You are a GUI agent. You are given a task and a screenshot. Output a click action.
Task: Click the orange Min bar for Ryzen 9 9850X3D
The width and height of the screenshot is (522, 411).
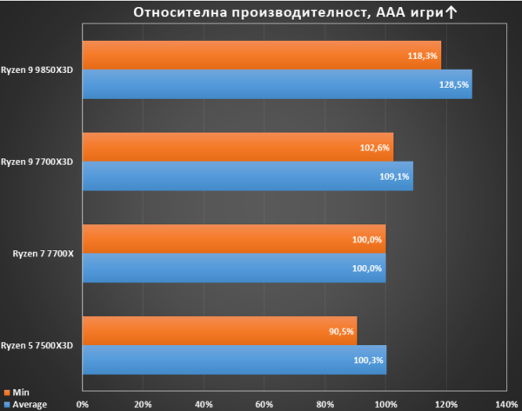(262, 56)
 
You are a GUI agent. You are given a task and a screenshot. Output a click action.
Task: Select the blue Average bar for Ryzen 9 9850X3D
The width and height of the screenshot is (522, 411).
(278, 84)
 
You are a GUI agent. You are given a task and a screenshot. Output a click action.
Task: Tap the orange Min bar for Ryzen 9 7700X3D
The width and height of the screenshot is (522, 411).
(238, 147)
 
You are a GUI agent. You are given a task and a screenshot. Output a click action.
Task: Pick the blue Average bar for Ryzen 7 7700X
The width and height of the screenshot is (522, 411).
(234, 268)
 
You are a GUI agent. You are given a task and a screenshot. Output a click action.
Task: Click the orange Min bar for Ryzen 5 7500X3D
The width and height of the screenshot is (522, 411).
(220, 331)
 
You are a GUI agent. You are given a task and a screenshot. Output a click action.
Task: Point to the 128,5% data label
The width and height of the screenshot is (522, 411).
(454, 85)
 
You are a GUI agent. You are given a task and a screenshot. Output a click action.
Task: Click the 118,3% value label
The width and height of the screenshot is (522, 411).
(423, 56)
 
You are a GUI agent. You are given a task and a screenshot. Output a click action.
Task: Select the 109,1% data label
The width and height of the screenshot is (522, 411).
(394, 176)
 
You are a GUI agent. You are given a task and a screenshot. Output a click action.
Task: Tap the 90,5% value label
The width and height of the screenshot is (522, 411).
(341, 332)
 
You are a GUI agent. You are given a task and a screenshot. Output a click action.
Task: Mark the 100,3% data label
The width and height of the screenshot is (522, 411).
(368, 360)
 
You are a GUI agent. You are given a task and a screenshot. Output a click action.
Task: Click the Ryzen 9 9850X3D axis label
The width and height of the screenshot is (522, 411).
(37, 70)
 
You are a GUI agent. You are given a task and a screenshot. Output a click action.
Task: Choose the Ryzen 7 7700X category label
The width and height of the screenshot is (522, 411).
(43, 254)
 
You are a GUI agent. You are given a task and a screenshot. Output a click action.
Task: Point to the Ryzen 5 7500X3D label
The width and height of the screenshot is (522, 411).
(37, 346)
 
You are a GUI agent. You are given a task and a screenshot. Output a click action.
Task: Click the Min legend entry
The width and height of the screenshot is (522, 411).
(17, 393)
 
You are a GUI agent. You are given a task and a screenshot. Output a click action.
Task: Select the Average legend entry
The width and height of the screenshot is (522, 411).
(25, 405)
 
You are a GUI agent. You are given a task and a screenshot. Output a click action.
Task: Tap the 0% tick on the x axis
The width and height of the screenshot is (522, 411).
(83, 404)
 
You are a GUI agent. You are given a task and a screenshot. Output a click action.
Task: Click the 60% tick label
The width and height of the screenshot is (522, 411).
(264, 404)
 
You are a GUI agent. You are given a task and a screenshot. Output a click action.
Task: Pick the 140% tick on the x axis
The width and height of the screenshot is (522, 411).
(506, 404)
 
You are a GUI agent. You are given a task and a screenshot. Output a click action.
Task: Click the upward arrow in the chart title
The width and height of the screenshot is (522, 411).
(451, 13)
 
